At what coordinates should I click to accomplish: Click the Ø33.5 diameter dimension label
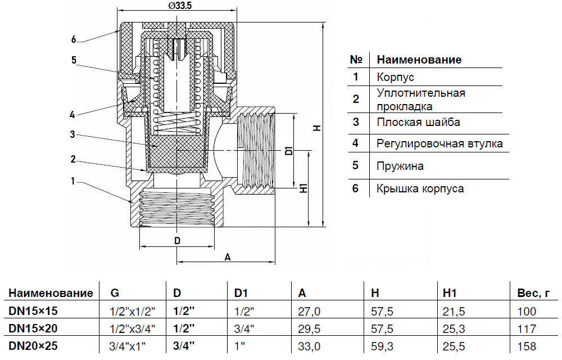[176, 6]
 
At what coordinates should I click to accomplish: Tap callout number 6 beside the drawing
[74, 40]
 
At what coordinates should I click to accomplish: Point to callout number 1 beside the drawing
[74, 181]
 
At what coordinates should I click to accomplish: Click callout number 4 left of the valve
[72, 115]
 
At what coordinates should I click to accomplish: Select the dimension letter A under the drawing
[227, 257]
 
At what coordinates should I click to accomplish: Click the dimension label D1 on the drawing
[288, 150]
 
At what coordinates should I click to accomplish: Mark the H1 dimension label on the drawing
[304, 188]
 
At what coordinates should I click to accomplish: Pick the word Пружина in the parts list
[400, 166]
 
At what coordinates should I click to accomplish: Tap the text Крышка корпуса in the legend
[420, 188]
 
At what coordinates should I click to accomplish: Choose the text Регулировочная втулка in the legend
[439, 143]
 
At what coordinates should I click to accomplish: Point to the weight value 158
[527, 346]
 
